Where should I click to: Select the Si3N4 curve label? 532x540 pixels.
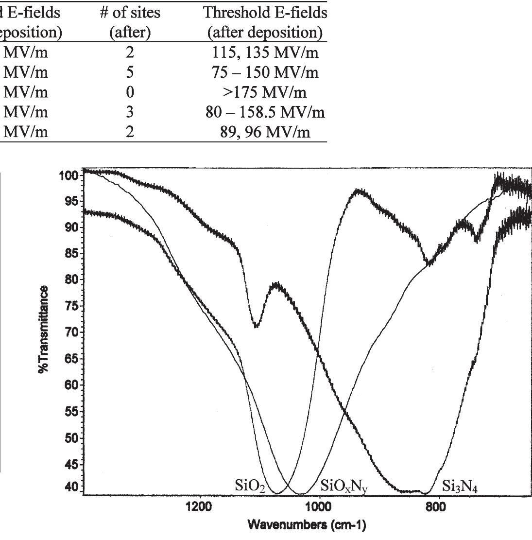[460, 486]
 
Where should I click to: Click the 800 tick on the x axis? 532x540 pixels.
[440, 507]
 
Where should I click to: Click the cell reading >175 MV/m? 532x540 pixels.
[265, 92]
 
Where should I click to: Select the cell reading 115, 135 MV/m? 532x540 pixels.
[265, 52]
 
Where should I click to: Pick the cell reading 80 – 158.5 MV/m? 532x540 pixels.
[265, 112]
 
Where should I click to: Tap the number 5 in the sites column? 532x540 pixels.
[130, 72]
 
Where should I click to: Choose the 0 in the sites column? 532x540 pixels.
[130, 92]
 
